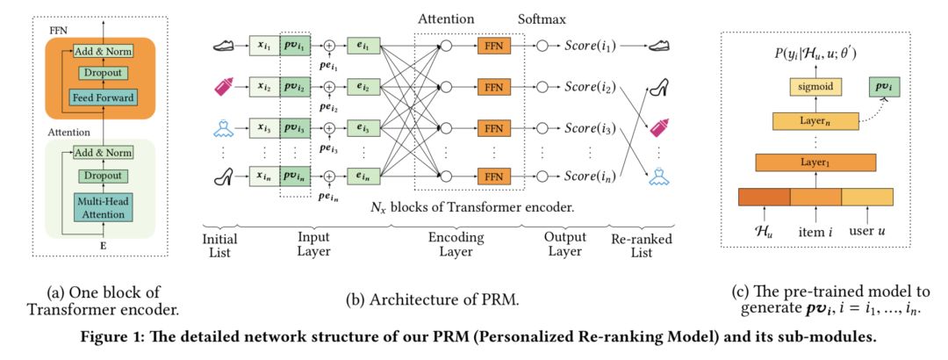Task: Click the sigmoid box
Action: click(815, 87)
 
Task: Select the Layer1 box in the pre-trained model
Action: click(815, 162)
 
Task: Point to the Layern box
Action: click(815, 122)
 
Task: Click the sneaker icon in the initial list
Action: click(224, 46)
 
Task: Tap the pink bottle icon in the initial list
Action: click(224, 88)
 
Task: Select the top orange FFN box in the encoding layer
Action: click(494, 46)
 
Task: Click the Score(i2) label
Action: click(590, 87)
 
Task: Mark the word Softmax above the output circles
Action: click(542, 20)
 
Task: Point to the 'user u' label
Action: click(867, 231)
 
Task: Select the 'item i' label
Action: click(815, 231)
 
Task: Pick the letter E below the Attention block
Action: click(103, 245)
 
